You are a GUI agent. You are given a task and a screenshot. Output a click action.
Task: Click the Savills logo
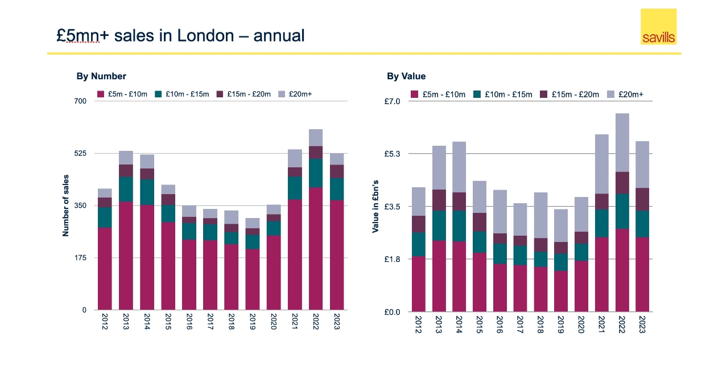pyautogui.click(x=658, y=27)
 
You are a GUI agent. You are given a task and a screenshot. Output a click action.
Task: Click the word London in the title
pyautogui.click(x=205, y=36)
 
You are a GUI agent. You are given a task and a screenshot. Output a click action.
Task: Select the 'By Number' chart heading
pyautogui.click(x=101, y=76)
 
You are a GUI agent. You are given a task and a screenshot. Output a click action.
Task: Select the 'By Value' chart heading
pyautogui.click(x=406, y=76)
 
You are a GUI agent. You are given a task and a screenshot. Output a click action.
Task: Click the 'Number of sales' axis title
pyautogui.click(x=65, y=206)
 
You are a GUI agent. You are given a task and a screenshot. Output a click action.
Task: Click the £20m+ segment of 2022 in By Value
pyautogui.click(x=622, y=142)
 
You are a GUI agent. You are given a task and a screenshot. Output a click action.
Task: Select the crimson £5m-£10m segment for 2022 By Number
pyautogui.click(x=316, y=248)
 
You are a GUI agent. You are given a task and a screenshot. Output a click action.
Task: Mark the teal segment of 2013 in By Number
pyautogui.click(x=126, y=189)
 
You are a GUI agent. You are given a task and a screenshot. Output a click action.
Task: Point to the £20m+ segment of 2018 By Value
pyautogui.click(x=540, y=215)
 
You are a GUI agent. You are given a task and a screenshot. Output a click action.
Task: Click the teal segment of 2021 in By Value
pyautogui.click(x=601, y=223)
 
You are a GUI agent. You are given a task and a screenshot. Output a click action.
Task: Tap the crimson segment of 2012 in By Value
pyautogui.click(x=418, y=284)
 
